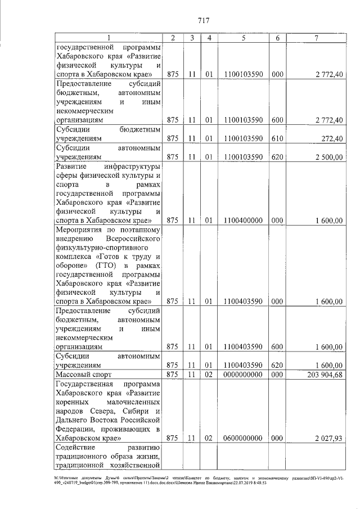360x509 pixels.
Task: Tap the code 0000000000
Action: click(243, 375)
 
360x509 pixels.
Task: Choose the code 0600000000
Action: click(243, 438)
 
